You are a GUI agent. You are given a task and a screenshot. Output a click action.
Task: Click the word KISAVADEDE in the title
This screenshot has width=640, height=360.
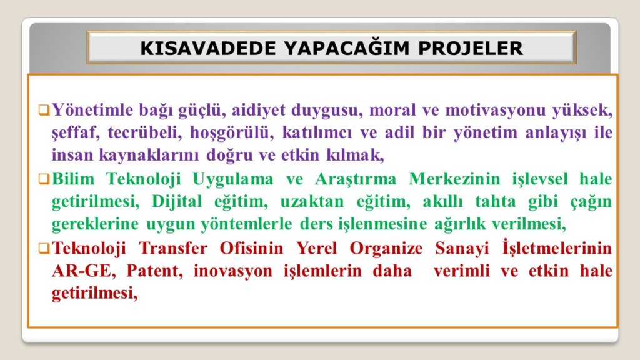(208, 48)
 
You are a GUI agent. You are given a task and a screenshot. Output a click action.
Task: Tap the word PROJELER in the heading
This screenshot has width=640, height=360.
(470, 48)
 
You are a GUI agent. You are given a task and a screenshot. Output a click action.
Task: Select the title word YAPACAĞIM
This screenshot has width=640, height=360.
(347, 47)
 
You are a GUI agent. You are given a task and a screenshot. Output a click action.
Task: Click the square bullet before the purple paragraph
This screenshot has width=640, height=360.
(44, 110)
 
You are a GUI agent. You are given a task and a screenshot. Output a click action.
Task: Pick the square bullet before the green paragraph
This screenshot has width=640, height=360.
(44, 179)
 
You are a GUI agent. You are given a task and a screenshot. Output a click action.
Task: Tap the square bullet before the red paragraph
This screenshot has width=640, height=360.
(44, 248)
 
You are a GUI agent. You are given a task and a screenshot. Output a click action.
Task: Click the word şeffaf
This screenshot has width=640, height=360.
(76, 133)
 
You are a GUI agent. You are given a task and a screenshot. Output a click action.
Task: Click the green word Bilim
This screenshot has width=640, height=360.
(73, 179)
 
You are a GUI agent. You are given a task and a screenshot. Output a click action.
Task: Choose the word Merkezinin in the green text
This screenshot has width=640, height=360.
(454, 179)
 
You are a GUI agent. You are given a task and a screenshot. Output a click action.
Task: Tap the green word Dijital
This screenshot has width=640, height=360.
(177, 202)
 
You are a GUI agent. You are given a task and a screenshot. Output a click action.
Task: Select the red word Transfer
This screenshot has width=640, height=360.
(173, 248)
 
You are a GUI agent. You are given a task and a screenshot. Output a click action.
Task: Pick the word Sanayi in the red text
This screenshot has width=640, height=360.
(462, 249)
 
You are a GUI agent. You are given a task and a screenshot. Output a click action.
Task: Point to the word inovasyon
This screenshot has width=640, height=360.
(233, 271)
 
